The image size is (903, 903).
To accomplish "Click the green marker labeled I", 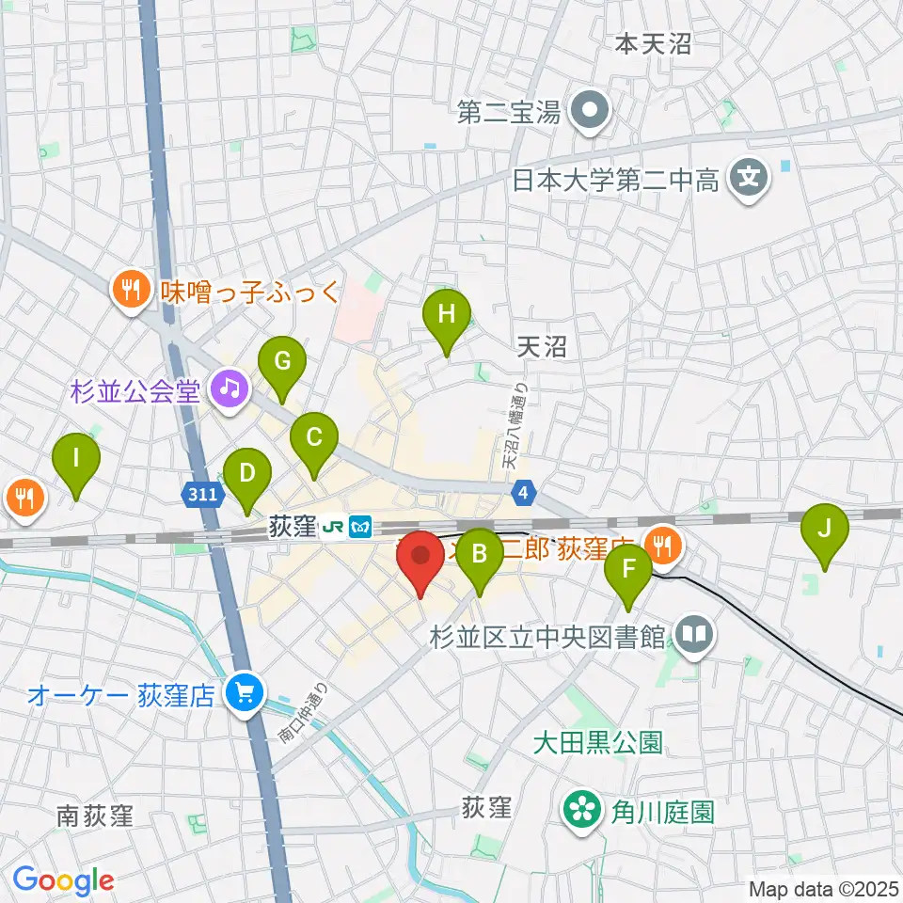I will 75,461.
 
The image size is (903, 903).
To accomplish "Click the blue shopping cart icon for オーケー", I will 244,695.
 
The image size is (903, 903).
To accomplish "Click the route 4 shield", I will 524,491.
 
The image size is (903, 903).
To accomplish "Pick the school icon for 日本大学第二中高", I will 750,177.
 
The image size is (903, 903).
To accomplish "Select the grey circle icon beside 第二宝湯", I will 591,112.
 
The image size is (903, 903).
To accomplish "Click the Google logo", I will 63,879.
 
